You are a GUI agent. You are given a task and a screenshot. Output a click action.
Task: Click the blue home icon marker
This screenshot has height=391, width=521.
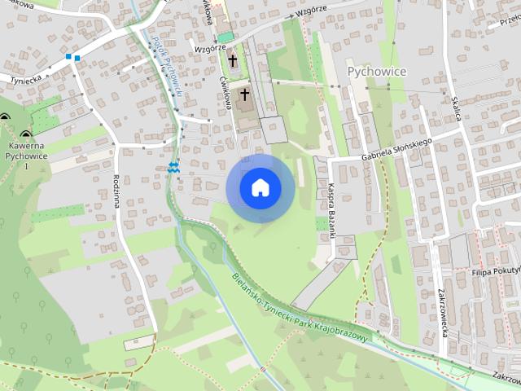tap(260, 188)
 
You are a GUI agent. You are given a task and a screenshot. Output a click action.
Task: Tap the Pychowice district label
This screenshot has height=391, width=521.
tap(377, 72)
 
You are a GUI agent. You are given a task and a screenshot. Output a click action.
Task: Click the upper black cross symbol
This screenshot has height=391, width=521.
tap(232, 60)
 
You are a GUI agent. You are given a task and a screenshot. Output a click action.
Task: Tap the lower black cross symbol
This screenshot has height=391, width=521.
tap(244, 95)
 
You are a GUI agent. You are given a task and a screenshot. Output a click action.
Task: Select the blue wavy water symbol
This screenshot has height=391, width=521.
tap(173, 167)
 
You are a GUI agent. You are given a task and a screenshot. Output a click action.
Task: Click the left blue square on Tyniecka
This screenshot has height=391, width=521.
tap(69, 57)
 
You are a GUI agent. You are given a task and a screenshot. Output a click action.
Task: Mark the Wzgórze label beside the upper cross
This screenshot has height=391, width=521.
tap(211, 48)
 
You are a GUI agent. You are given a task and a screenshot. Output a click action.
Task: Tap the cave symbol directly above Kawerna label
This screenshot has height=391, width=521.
tap(26, 135)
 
